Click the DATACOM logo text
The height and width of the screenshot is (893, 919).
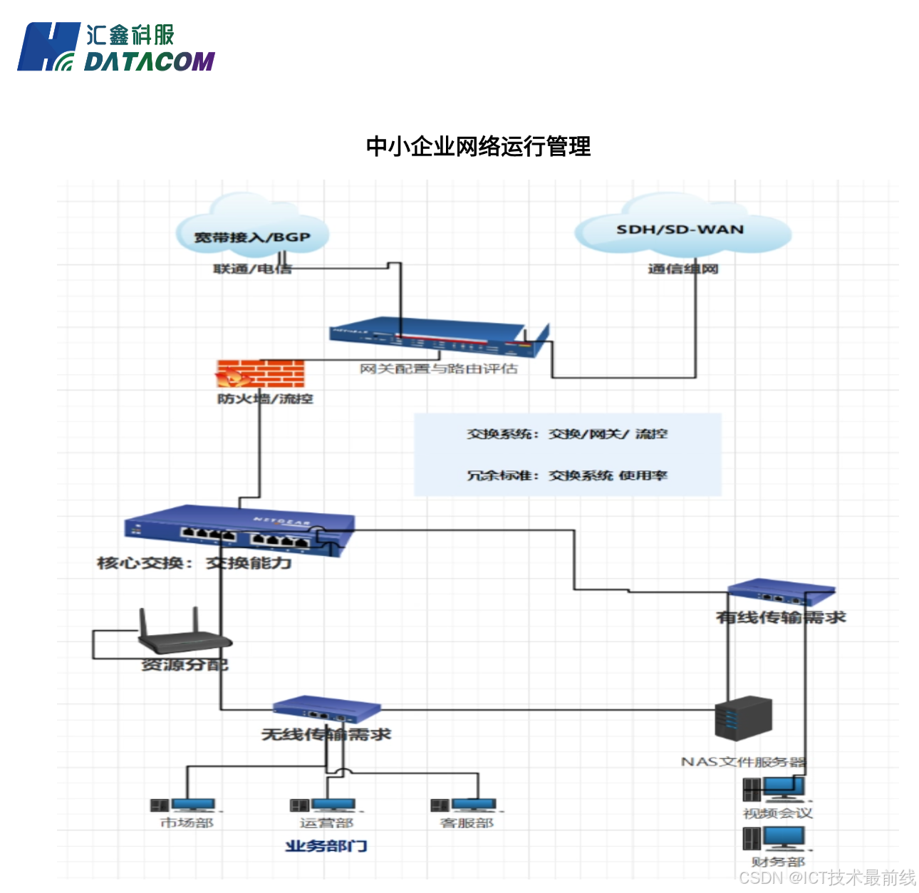tap(149, 62)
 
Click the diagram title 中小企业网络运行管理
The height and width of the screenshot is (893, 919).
tap(478, 146)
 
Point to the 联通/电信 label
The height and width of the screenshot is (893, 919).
tap(252, 269)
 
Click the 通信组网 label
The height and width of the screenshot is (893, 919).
tap(682, 269)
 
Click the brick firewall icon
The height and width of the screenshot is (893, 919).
tap(261, 373)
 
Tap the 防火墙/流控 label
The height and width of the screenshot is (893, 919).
tap(265, 398)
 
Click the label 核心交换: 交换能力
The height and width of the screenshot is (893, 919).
tap(194, 563)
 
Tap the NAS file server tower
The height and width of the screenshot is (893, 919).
tap(743, 718)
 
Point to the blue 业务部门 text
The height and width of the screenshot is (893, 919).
tap(326, 846)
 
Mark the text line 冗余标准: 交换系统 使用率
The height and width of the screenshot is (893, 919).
tap(567, 475)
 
